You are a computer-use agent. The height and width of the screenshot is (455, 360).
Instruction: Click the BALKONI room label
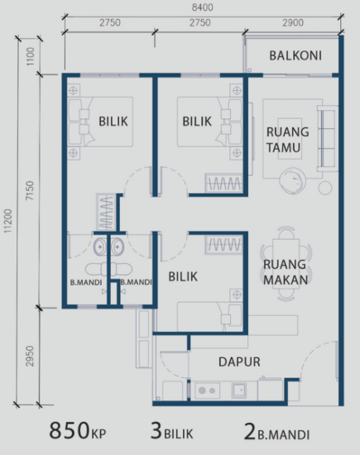(x=295, y=56)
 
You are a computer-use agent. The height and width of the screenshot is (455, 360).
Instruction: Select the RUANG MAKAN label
(x=286, y=273)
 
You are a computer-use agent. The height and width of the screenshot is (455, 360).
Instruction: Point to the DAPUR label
(x=239, y=362)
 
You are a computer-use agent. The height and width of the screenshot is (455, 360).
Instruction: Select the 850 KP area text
(x=77, y=431)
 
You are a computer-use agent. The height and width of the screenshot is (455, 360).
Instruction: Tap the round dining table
(x=284, y=247)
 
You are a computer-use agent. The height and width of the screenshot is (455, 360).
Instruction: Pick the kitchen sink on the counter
(x=241, y=389)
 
